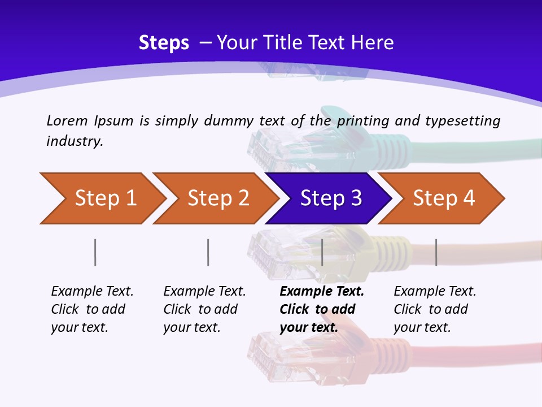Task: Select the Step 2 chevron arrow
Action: pyautogui.click(x=216, y=198)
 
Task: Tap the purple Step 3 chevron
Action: pyautogui.click(x=329, y=198)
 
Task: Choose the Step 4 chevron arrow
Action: pyautogui.click(x=442, y=198)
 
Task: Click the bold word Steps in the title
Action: pyautogui.click(x=164, y=43)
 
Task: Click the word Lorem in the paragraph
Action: pyautogui.click(x=65, y=120)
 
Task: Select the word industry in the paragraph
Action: pyautogui.click(x=74, y=141)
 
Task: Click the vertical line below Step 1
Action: pyautogui.click(x=95, y=252)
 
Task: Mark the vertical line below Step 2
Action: pyautogui.click(x=208, y=252)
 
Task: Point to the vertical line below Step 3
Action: pyautogui.click(x=322, y=252)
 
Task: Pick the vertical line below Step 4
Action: pyautogui.click(x=436, y=252)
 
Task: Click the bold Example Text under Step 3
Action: pyautogui.click(x=322, y=292)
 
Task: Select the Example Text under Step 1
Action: pyautogui.click(x=92, y=292)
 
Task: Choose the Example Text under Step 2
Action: pyautogui.click(x=204, y=292)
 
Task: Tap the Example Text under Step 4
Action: pyautogui.click(x=435, y=292)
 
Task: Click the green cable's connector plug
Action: pyautogui.click(x=277, y=144)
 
